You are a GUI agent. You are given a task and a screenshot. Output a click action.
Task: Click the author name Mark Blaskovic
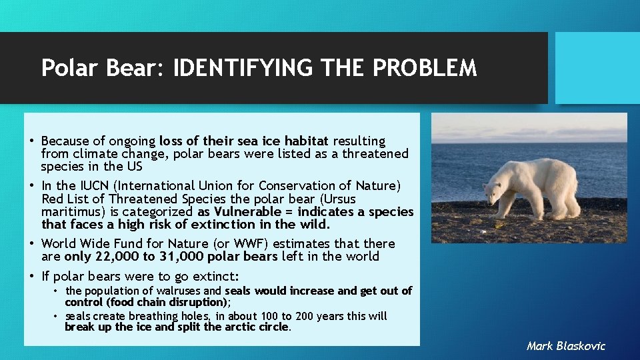pyautogui.click(x=565, y=345)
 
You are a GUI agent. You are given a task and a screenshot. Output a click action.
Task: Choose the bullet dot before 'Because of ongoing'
pyautogui.click(x=32, y=141)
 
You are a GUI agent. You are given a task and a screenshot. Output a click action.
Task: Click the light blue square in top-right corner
pyautogui.click(x=597, y=68)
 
